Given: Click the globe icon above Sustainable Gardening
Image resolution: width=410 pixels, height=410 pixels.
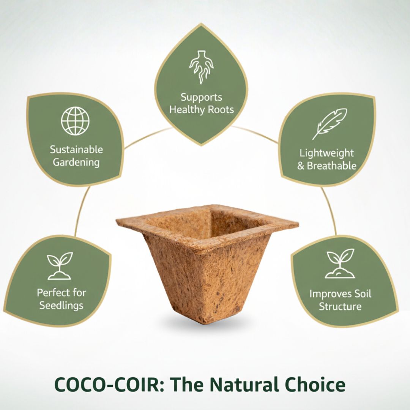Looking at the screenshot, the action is click(x=75, y=121).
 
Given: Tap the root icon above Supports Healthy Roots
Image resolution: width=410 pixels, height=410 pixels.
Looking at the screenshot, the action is click(x=201, y=67).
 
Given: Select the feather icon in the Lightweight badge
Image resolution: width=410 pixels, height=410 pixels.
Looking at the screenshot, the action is click(x=330, y=124).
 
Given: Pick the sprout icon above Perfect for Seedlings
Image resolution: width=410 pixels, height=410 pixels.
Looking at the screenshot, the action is click(x=60, y=266).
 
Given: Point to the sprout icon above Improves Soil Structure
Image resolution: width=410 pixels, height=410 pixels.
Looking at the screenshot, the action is click(x=340, y=263).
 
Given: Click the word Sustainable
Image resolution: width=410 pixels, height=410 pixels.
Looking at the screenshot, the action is click(x=76, y=150).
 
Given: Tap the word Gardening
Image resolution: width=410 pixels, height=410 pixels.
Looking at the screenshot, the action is click(x=76, y=162).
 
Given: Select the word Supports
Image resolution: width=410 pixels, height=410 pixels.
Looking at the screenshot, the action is click(x=201, y=98).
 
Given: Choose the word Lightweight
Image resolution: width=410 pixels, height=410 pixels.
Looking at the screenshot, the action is click(x=326, y=153).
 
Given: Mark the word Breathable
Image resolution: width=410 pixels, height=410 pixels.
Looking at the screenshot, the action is click(x=331, y=166).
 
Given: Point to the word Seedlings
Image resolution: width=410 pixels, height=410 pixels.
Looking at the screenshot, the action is click(x=61, y=305).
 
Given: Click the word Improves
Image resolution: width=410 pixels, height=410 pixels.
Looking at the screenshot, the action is click(x=328, y=294).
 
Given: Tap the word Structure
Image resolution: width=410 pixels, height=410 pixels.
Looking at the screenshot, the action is click(x=340, y=306).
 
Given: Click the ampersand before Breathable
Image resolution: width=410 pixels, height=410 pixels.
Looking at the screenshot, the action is click(x=301, y=166).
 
